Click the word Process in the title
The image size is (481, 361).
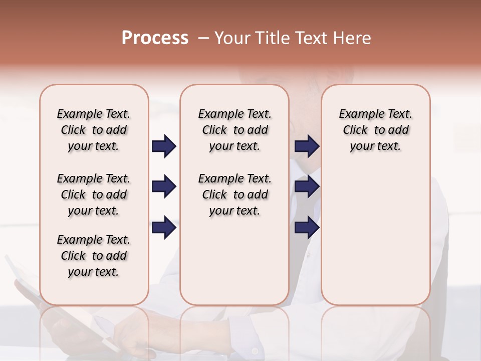155,38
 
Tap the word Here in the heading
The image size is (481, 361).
352,38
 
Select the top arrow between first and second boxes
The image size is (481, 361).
164,146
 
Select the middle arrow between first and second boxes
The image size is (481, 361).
164,187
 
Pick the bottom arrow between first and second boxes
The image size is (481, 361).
164,228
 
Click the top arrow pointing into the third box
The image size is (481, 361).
307,146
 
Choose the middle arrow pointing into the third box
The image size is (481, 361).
307,187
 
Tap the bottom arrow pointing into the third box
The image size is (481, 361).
307,228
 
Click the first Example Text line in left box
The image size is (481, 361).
94,114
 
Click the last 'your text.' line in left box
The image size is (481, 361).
94,272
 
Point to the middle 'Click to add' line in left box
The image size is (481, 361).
94,195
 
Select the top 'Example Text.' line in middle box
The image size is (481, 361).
234,114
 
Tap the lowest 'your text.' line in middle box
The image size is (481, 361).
234,211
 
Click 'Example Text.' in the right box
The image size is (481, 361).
375,114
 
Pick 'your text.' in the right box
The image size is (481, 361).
375,146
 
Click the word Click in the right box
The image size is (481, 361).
355,130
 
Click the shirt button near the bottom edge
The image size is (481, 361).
255,350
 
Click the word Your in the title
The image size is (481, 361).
232,38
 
